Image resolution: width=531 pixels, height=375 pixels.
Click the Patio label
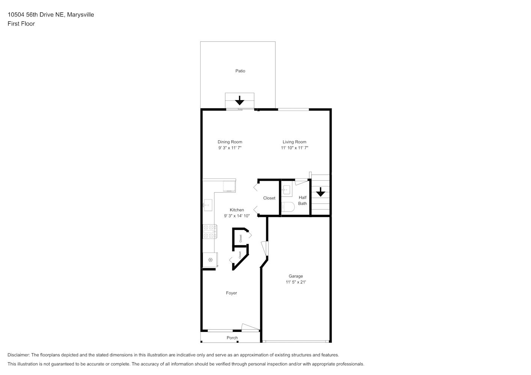(x=240, y=71)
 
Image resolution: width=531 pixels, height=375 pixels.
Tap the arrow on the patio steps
(x=240, y=100)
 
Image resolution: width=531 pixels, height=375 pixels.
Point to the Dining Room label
(x=230, y=142)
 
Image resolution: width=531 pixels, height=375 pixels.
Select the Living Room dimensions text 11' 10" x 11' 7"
(x=294, y=148)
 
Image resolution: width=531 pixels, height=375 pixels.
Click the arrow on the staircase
(x=320, y=192)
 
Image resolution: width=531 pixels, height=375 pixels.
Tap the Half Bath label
(x=302, y=200)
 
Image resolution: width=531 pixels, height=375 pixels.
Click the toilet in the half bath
(x=288, y=207)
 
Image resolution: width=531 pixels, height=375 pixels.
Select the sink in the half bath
(x=287, y=190)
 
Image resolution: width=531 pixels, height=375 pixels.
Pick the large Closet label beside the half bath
(x=269, y=198)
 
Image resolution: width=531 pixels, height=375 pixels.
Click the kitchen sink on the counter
(x=208, y=205)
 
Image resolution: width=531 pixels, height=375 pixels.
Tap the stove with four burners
(x=210, y=231)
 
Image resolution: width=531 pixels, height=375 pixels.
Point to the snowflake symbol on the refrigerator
(x=210, y=260)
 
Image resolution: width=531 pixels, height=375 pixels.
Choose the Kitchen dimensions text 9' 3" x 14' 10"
(x=237, y=216)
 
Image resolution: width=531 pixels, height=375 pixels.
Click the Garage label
(x=296, y=276)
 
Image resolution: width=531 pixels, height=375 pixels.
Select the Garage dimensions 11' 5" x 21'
(x=296, y=282)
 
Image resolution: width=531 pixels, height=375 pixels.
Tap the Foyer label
(x=231, y=293)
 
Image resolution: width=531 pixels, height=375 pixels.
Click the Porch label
(x=232, y=338)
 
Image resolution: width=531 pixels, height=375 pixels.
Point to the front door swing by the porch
(x=250, y=327)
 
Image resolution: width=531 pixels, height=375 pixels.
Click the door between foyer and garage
(x=265, y=248)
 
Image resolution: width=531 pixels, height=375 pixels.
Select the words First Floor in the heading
(x=21, y=24)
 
